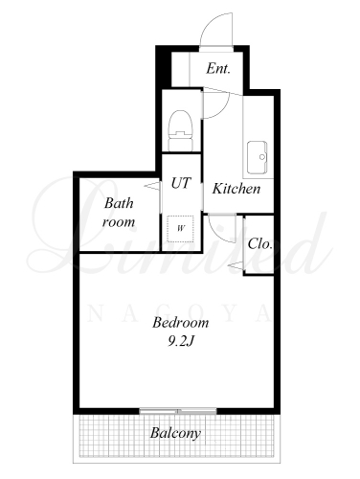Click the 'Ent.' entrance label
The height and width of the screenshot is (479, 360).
coord(218,69)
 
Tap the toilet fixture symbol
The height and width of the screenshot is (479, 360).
coord(181,130)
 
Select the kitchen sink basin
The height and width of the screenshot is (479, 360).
coord(258,157)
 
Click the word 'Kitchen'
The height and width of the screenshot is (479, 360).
coord(236,189)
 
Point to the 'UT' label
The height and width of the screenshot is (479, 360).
coord(181,183)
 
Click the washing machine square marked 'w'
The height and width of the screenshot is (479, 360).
coord(181,229)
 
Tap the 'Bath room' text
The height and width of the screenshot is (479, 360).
coord(119,213)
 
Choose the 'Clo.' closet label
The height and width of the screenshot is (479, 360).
coord(260,244)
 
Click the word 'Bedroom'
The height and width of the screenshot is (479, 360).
coord(181,323)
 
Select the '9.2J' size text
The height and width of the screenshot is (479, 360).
coord(181,342)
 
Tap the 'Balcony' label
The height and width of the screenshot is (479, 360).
coord(175,433)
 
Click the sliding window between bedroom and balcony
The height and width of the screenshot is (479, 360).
coord(178,411)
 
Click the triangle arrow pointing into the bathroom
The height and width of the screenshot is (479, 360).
coord(152,186)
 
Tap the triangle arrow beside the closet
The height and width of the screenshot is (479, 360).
coord(236,265)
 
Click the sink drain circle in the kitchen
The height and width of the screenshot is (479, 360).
coord(262,157)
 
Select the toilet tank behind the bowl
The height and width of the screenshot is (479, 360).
coord(181,145)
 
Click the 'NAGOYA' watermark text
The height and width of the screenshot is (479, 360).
coord(178,313)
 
